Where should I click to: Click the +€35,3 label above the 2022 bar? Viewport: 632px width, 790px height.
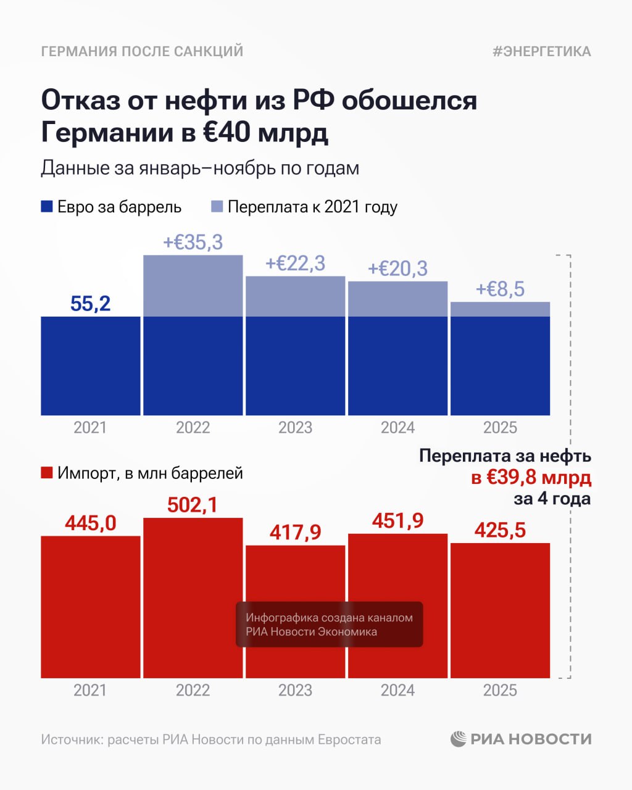(x=193, y=242)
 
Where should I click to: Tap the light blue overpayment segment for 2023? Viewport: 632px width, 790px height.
(x=295, y=296)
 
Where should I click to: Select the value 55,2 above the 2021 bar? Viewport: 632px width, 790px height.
(x=90, y=304)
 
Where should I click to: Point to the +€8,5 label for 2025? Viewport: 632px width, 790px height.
(x=500, y=289)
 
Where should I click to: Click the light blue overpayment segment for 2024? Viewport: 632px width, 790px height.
(x=397, y=299)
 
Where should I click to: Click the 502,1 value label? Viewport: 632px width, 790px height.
(x=193, y=505)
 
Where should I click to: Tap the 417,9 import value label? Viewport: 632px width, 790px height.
(x=295, y=532)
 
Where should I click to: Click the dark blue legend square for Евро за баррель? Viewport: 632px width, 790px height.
(x=47, y=207)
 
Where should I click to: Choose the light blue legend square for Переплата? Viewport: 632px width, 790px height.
(x=217, y=207)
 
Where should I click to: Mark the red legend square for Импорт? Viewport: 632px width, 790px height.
(x=47, y=473)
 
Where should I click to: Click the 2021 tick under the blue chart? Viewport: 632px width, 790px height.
(x=90, y=428)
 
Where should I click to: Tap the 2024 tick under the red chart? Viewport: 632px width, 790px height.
(x=397, y=690)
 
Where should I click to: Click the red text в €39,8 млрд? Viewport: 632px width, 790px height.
(x=531, y=477)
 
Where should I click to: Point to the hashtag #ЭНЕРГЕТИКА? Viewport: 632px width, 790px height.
(x=541, y=51)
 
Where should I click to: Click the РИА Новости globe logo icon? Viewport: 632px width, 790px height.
(x=459, y=739)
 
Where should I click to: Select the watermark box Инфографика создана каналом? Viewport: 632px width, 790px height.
(x=329, y=625)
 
